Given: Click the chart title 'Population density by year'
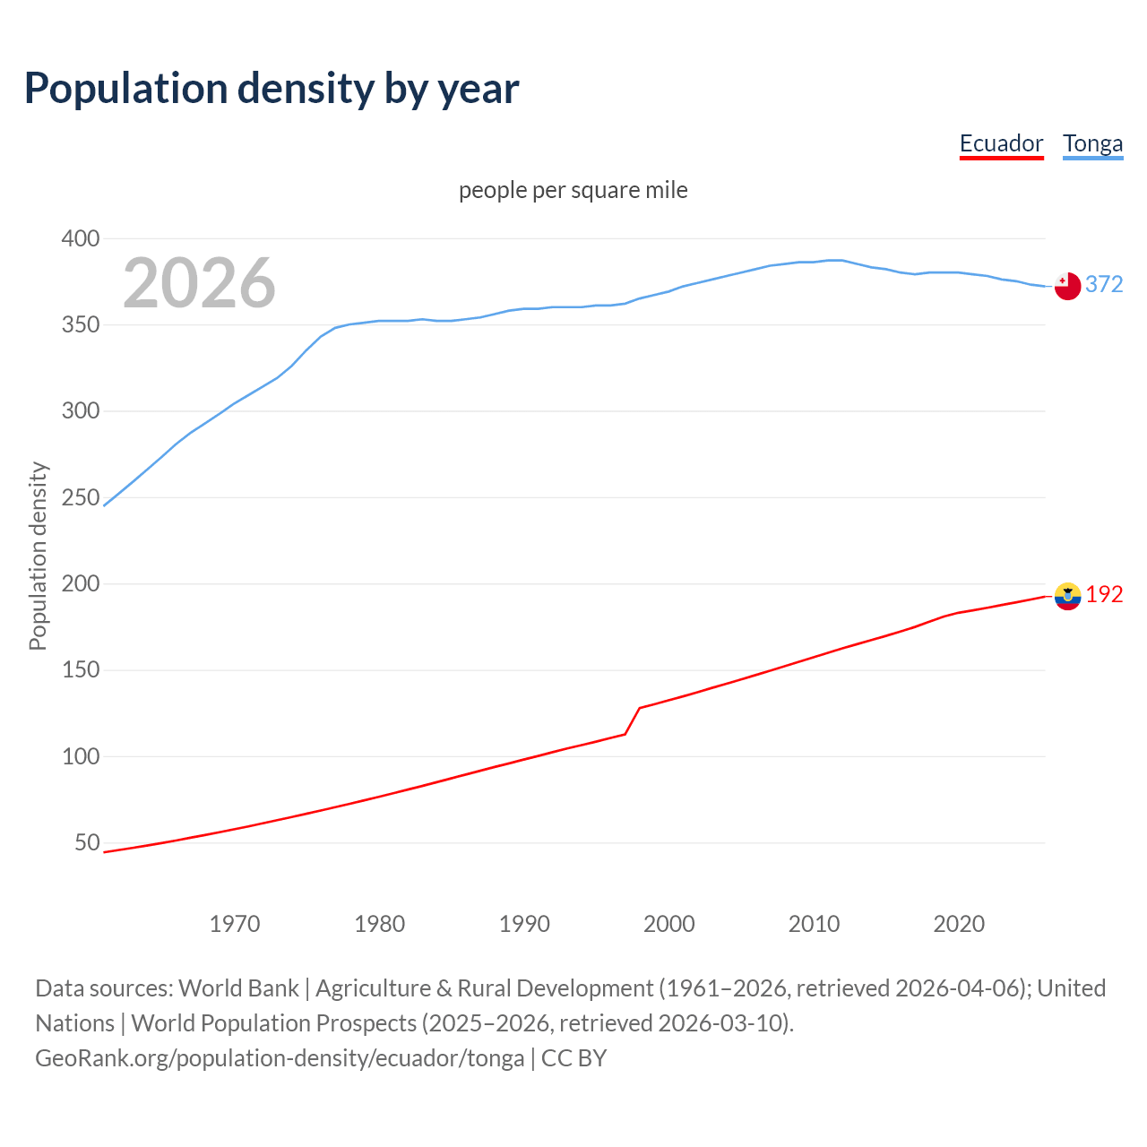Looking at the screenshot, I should [x=272, y=89].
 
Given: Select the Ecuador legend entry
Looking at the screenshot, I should [x=1001, y=143].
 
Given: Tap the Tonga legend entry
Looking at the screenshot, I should [x=1092, y=143].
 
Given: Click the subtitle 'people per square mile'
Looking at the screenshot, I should [x=573, y=190].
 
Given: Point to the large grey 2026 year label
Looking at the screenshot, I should [x=199, y=283].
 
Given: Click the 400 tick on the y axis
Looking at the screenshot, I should [x=81, y=238].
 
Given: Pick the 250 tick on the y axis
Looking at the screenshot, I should [x=81, y=497].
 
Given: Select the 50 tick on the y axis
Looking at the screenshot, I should [x=87, y=842].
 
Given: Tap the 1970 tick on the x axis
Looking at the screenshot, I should [x=235, y=923].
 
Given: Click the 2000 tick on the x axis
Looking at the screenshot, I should [x=669, y=923].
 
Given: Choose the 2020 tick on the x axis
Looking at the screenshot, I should [x=959, y=923].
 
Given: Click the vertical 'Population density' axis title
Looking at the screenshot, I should [x=38, y=556].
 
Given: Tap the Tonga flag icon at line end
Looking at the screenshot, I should [x=1067, y=286].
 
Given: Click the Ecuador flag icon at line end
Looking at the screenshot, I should [x=1067, y=596].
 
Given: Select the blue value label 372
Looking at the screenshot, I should [x=1104, y=284].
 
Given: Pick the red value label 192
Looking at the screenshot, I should [x=1104, y=594].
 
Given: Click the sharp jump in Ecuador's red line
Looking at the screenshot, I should [x=633, y=720].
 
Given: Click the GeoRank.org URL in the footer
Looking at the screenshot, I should [x=280, y=1057].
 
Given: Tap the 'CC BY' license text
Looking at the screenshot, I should [x=574, y=1057].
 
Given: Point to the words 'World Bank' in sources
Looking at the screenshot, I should [x=238, y=987].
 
